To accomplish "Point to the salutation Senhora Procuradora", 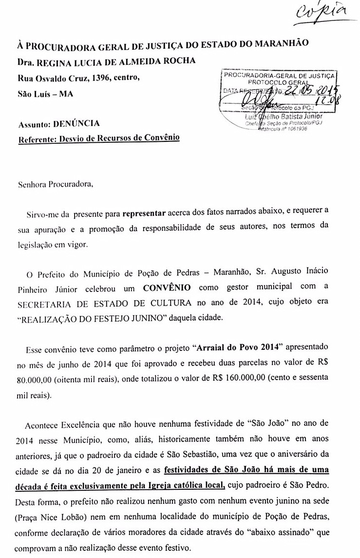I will [x=54, y=185].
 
